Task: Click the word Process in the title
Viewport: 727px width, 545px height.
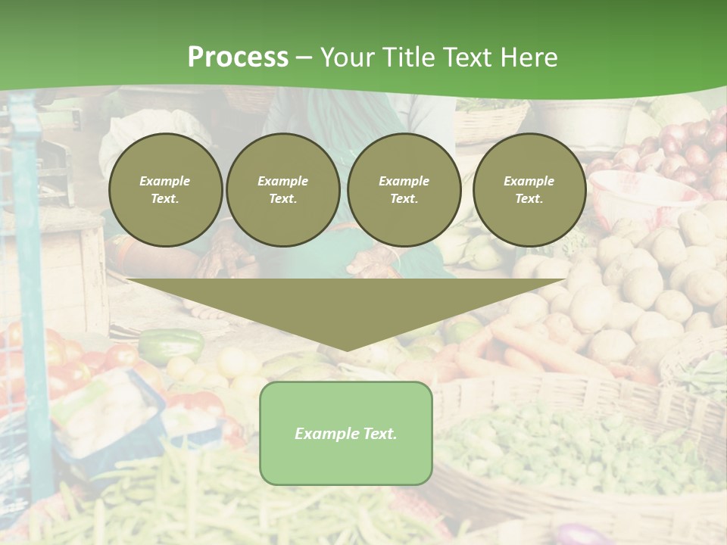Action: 238,58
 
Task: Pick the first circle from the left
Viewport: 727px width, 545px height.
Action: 165,190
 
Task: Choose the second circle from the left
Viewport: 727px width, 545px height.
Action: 283,190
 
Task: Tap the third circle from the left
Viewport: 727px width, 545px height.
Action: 404,190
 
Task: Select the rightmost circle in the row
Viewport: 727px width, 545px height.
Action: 529,190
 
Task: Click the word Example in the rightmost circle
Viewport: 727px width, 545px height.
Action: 529,181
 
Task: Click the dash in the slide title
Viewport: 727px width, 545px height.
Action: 304,58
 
